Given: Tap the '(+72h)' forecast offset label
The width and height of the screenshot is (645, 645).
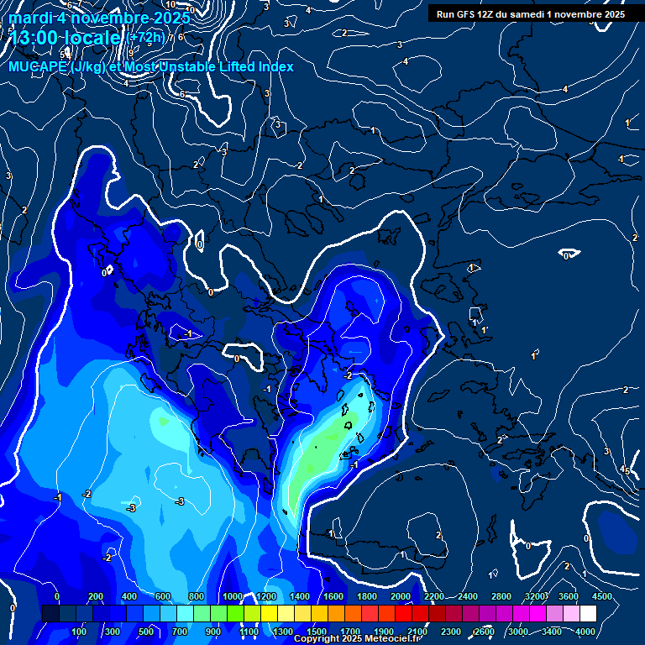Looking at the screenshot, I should pos(146,38).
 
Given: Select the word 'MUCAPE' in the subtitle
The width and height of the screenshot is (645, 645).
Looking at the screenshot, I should pos(38,66).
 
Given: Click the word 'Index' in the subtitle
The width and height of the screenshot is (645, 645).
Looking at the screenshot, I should pos(274,66).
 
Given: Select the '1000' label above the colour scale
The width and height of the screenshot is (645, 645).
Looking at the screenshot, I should pos(233,596).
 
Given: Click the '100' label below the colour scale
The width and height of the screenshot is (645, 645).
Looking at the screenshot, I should pos(79,631).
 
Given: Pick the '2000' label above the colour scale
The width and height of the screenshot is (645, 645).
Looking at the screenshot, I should pos(401,596).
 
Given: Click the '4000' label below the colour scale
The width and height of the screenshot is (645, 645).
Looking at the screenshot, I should pos(585,631).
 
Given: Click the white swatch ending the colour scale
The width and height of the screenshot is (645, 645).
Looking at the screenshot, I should pos(588,613).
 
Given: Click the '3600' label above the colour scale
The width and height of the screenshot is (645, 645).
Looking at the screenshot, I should pos(569,596).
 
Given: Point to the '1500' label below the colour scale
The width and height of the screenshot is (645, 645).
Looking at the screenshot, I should pos(317,631).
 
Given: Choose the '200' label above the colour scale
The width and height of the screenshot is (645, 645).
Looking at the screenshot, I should pos(96,596).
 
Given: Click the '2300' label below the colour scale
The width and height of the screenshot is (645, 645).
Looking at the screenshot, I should pos(451,631).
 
